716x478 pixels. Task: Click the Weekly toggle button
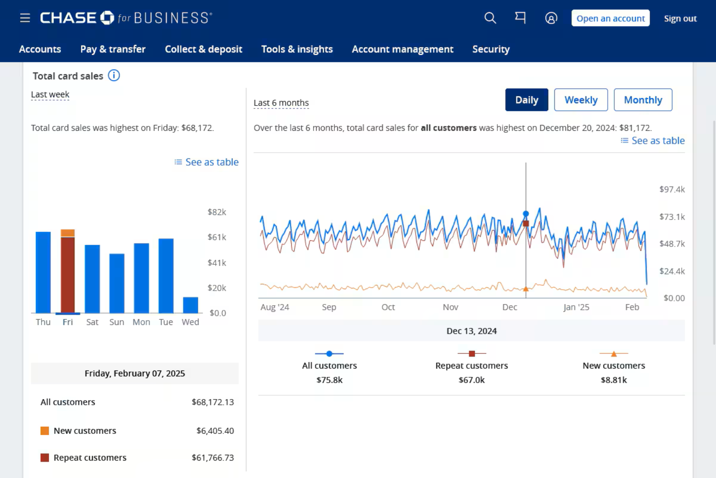click(581, 100)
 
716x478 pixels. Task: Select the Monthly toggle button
click(642, 100)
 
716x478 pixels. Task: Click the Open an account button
click(610, 18)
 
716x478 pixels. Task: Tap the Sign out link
click(680, 18)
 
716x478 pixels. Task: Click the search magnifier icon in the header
click(490, 18)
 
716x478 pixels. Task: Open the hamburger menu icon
click(25, 18)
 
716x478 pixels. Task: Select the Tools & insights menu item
click(297, 49)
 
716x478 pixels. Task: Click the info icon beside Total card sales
click(114, 76)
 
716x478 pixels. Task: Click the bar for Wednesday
click(190, 305)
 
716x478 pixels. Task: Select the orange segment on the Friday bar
click(68, 233)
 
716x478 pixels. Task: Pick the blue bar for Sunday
click(117, 283)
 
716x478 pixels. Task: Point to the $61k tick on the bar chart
click(217, 237)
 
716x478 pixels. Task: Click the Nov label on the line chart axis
click(450, 307)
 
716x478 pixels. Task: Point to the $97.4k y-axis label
click(671, 189)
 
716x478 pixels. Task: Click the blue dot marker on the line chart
click(526, 214)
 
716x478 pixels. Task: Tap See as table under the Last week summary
click(207, 162)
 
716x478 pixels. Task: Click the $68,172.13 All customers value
click(212, 402)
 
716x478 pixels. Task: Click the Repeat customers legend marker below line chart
click(472, 354)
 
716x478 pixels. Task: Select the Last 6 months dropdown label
click(281, 103)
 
